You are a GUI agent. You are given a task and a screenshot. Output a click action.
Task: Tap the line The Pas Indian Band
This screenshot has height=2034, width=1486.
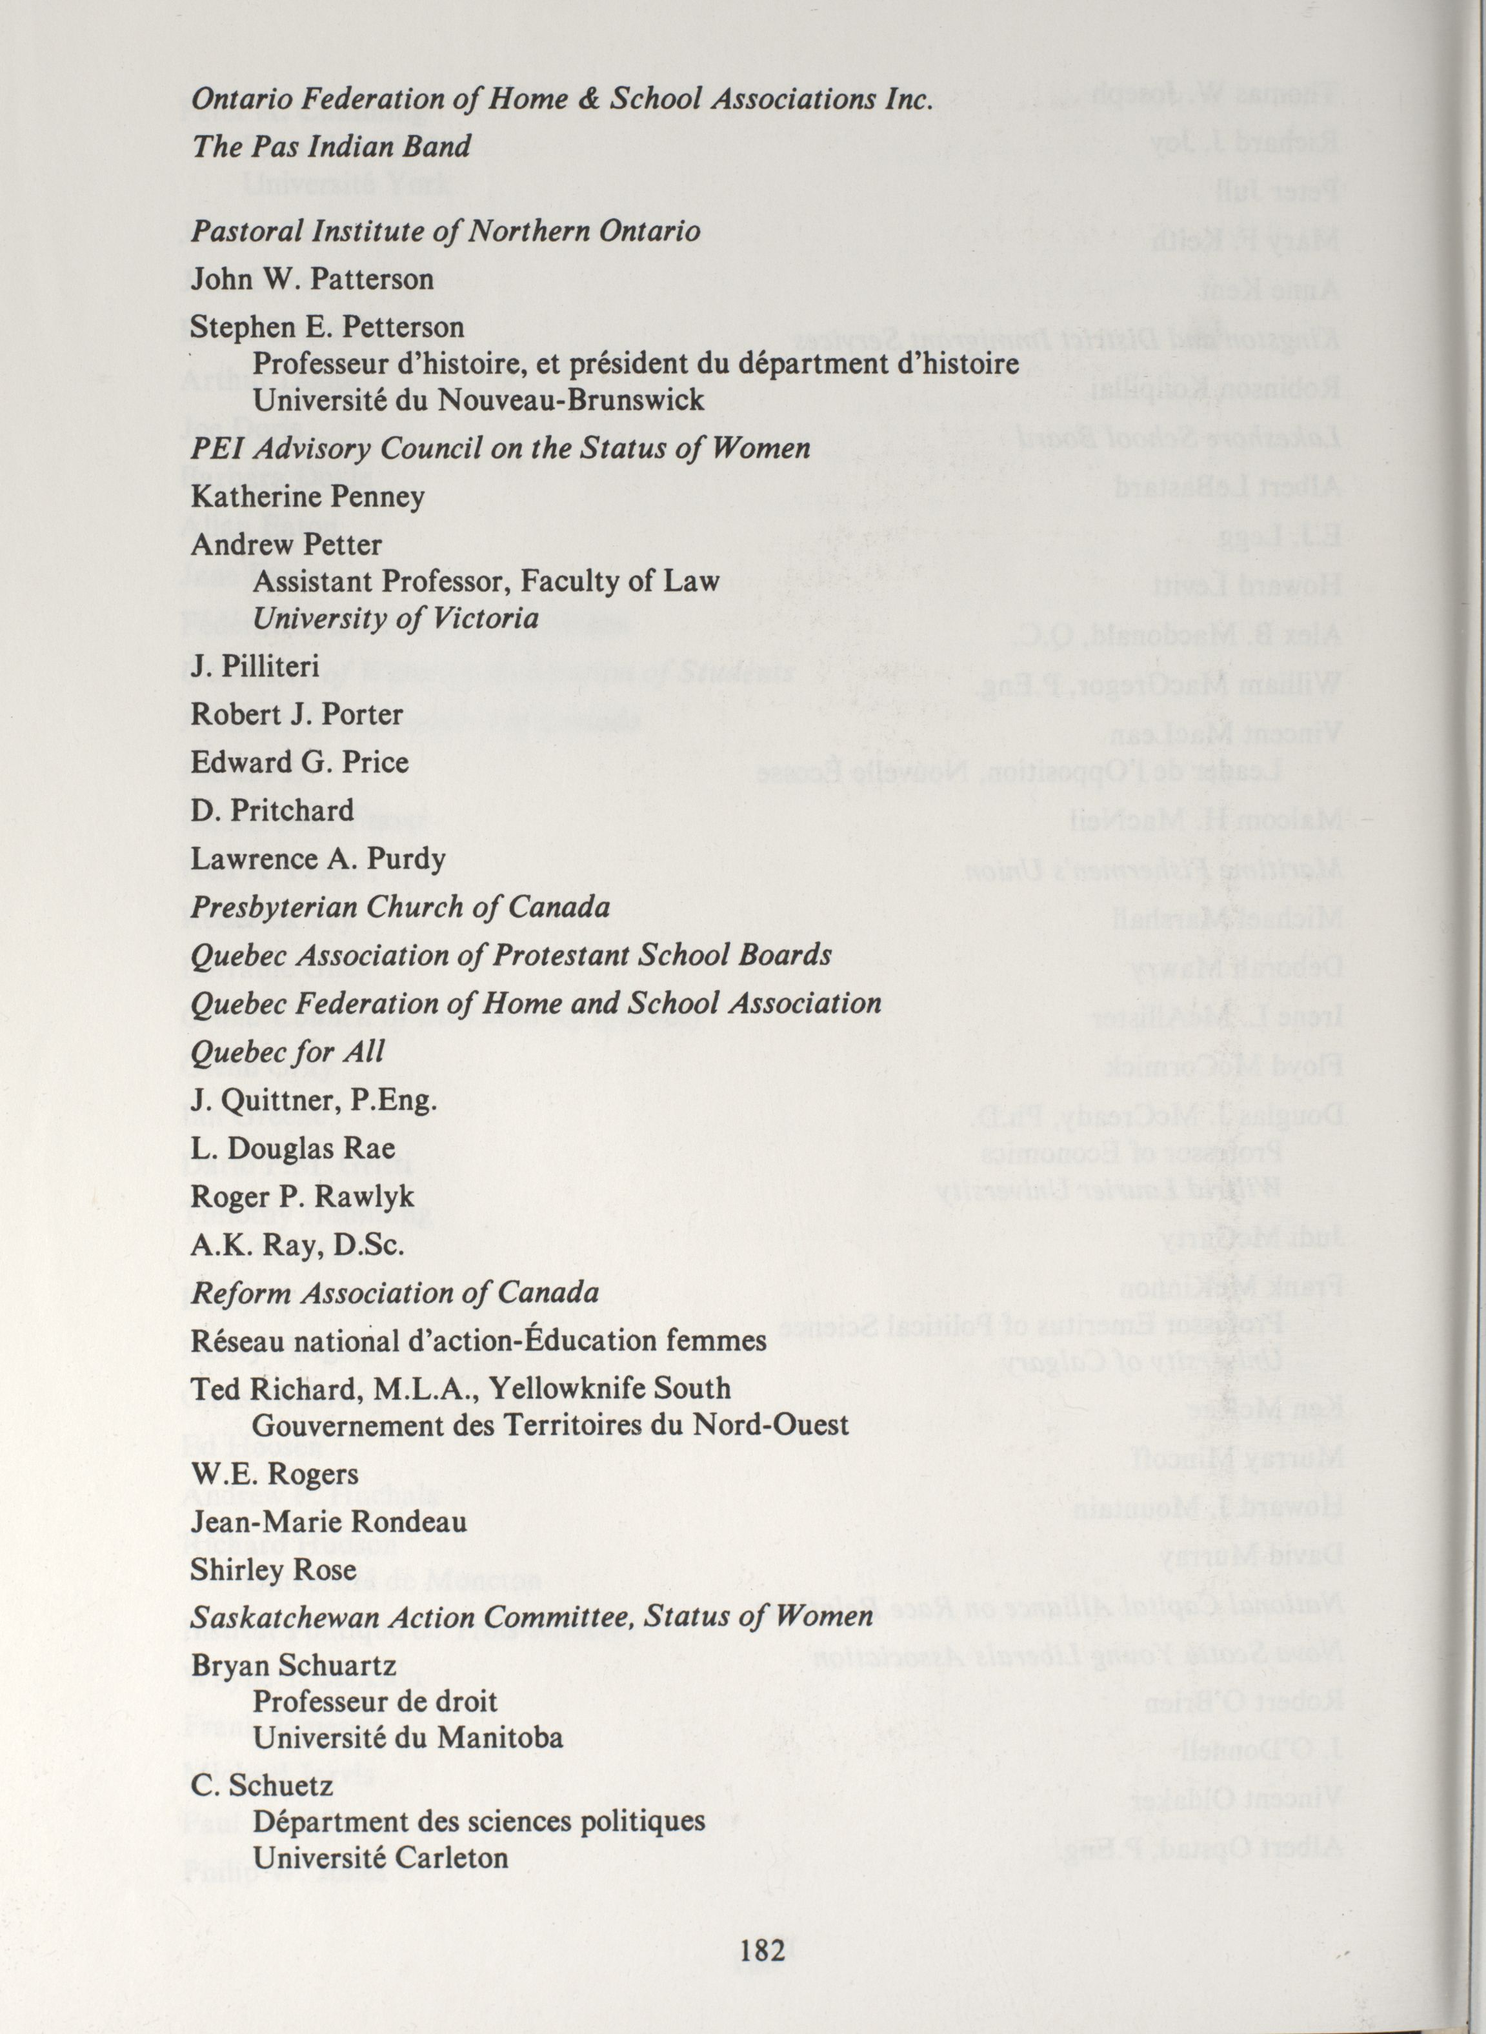(331, 146)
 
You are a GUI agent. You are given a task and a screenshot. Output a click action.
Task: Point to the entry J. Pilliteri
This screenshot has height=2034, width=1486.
(256, 667)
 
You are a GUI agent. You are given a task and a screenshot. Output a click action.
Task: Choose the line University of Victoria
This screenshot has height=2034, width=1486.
(396, 619)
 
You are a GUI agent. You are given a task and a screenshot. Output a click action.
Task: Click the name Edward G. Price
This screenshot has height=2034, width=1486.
(299, 763)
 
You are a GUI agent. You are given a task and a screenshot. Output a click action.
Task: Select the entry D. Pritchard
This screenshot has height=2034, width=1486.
(272, 811)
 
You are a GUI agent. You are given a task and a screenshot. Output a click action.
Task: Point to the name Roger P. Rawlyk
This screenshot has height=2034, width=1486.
(302, 1196)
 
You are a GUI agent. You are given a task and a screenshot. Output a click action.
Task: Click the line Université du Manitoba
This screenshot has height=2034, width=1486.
(408, 1737)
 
